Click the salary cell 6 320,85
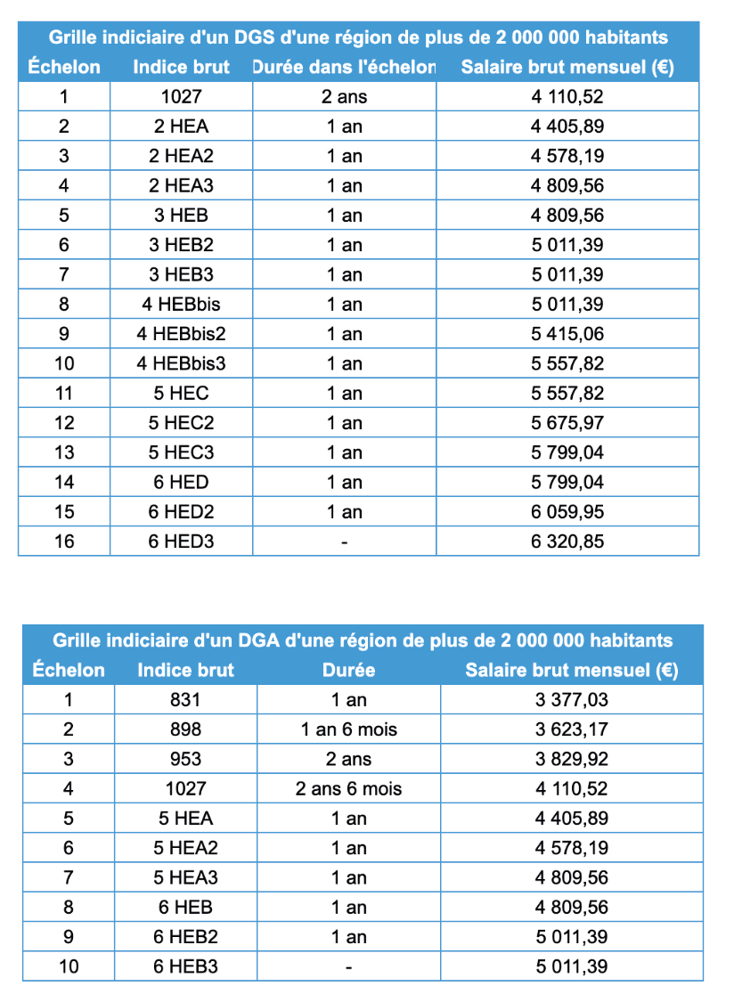(x=567, y=541)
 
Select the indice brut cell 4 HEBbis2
(x=182, y=334)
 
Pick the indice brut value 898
(x=185, y=729)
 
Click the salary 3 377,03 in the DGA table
(x=572, y=699)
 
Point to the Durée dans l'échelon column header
(x=344, y=67)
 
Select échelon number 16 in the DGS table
(x=64, y=541)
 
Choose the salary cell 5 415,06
(x=567, y=334)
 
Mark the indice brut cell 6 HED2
(x=182, y=511)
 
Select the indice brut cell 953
(x=185, y=759)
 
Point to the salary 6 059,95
(x=567, y=511)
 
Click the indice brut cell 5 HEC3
(x=182, y=452)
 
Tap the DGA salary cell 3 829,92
(x=572, y=759)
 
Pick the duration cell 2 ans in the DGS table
(x=344, y=97)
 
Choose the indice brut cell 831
(x=185, y=699)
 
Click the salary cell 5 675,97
(x=567, y=423)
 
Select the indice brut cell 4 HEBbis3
(x=182, y=363)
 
